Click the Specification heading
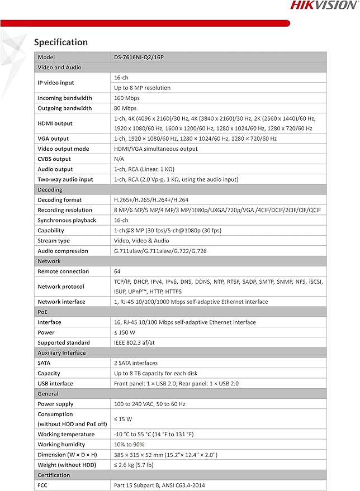pos(61,42)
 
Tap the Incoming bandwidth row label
pos(65,98)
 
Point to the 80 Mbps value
pos(125,108)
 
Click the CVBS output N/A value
pos(119,159)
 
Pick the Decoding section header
pos(50,189)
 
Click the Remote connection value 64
pos(117,271)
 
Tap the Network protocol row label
pos(61,287)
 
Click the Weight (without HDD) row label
pos(67,465)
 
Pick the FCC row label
pos(43,485)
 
